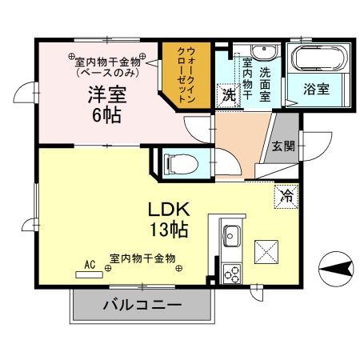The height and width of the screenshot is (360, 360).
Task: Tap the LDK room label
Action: click(168, 210)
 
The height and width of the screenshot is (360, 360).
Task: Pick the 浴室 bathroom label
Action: click(316, 90)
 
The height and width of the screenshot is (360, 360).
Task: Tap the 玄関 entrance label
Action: click(282, 146)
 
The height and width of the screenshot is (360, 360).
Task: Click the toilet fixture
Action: click(176, 164)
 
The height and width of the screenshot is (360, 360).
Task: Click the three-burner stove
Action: click(233, 274)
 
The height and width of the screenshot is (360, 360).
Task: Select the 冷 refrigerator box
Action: click(285, 195)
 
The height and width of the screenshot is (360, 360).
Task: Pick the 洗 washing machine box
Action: click(229, 93)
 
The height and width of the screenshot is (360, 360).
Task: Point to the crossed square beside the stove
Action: click(266, 252)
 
